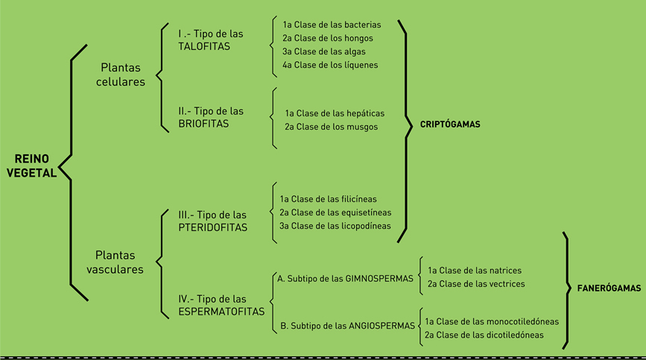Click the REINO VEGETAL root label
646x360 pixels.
(32, 165)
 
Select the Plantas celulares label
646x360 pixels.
(120, 75)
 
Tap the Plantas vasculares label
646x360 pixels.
(115, 262)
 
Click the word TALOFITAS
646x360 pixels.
(204, 46)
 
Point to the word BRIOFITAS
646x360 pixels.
(203, 124)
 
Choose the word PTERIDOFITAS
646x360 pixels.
(212, 227)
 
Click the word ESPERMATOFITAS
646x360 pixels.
(221, 312)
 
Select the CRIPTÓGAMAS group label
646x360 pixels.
(450, 124)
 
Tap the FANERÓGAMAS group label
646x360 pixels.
(609, 288)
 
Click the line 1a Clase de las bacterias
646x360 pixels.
(332, 25)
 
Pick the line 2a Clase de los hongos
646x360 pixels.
(328, 38)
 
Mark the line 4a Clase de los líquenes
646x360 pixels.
(330, 65)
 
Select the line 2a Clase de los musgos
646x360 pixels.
(331, 127)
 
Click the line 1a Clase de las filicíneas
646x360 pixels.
(328, 199)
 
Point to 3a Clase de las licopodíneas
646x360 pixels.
(335, 226)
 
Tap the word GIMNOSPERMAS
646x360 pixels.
(379, 279)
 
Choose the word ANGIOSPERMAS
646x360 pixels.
(381, 326)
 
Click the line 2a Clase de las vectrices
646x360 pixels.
(476, 284)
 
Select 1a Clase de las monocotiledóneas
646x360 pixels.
(492, 322)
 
